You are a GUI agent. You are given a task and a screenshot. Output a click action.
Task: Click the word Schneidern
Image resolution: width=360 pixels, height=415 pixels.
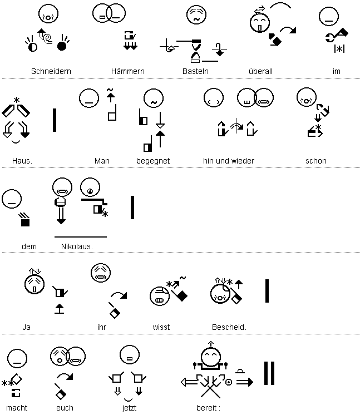pos(51,71)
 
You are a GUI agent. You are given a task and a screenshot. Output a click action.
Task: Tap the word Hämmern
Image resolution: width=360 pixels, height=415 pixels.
pos(127,71)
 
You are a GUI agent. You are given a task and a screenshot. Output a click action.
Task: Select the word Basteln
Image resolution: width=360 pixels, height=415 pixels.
pos(195,71)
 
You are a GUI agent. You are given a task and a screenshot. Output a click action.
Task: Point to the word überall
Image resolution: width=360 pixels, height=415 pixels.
pos(260,71)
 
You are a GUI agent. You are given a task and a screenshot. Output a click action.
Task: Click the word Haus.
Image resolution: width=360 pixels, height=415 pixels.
pos(22,161)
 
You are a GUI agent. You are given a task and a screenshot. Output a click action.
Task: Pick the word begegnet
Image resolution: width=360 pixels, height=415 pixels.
pos(153,161)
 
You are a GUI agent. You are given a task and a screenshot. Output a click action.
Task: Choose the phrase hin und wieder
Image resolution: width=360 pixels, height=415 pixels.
pos(229,161)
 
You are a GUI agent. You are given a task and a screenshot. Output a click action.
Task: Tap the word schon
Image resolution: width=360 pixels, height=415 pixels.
pos(316,161)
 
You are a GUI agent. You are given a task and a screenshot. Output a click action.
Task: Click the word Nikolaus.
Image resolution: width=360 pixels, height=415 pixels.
pos(77,246)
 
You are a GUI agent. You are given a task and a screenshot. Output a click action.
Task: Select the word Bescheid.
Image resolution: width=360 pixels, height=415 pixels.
pos(229,328)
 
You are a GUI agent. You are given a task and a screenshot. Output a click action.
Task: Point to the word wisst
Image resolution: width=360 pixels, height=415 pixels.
pos(161,328)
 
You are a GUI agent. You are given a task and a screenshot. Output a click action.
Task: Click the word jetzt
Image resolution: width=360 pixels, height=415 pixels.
pos(129,408)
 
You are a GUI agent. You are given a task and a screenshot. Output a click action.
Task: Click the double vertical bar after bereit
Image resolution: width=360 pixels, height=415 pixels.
pos(269,373)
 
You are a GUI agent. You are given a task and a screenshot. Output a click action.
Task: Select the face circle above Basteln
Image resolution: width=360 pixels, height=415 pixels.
pos(196,14)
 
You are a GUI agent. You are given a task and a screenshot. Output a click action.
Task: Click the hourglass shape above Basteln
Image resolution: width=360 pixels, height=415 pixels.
pos(196,51)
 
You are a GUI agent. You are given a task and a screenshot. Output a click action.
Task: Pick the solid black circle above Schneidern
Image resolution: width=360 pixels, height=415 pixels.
pos(62,47)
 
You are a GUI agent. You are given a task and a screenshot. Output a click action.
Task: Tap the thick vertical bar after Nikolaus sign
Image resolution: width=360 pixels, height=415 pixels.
pos(132,207)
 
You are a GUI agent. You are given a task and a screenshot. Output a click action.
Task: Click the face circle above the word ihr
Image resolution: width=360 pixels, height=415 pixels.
pos(101,273)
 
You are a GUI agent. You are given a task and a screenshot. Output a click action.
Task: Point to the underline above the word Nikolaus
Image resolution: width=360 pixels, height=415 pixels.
pos(81,237)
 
